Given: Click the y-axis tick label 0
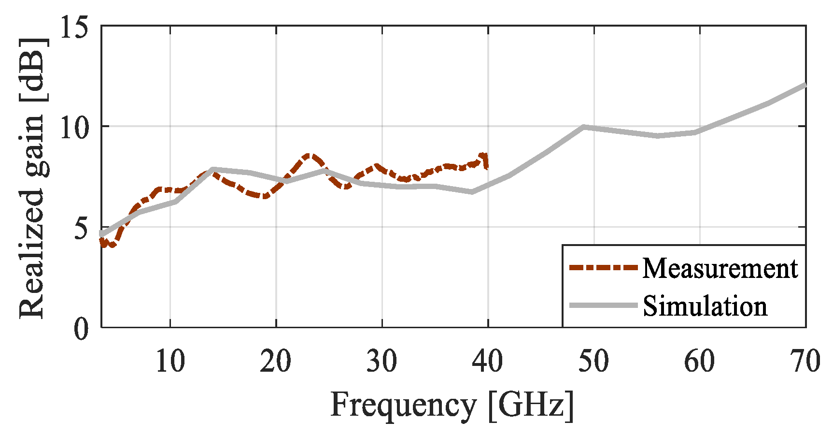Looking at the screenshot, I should [x=82, y=329].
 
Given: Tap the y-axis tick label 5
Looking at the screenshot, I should [x=82, y=227].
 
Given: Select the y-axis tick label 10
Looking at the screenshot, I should [x=74, y=127].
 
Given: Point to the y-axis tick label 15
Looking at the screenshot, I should [x=74, y=27].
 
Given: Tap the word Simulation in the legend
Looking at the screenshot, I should [x=705, y=306].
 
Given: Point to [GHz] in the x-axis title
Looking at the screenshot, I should [x=532, y=405].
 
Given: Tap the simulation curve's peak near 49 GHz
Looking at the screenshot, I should [x=583, y=127].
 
